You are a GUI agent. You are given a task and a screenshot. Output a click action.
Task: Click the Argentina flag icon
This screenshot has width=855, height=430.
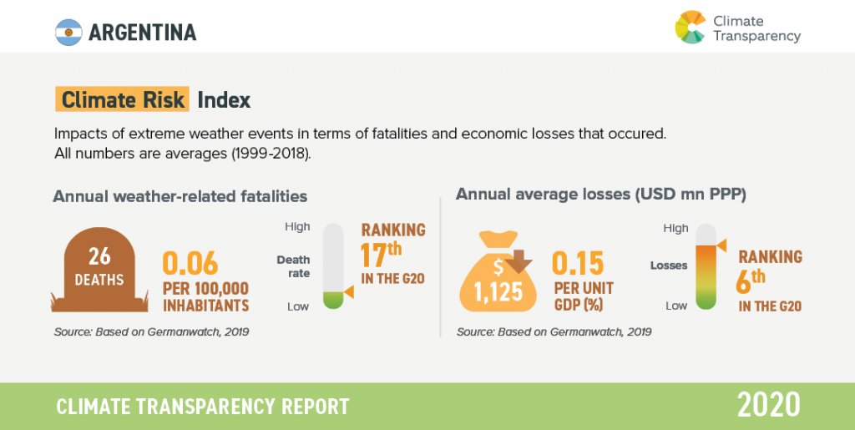(68, 33)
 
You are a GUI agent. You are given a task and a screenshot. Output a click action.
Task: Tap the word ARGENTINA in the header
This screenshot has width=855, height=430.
(143, 33)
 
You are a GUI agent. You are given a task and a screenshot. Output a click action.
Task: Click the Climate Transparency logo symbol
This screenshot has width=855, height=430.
(691, 26)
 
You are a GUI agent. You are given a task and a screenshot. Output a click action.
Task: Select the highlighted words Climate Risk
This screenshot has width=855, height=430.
(122, 100)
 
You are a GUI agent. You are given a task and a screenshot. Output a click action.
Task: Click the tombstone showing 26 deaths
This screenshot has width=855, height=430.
(99, 266)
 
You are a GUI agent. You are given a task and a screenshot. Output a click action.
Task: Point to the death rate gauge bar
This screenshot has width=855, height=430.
(334, 266)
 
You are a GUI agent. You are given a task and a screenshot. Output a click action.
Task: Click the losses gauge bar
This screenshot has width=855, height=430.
(706, 266)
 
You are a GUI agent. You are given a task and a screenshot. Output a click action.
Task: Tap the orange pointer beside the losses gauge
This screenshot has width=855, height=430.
(721, 245)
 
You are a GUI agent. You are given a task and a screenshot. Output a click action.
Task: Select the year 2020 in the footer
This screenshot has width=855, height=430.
(768, 405)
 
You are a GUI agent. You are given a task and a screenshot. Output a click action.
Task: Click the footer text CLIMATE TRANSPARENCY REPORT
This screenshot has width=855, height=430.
(203, 407)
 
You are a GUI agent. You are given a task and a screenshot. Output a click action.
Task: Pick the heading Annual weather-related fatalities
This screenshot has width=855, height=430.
(180, 196)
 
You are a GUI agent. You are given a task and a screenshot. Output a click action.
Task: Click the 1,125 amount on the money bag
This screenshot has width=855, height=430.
(500, 291)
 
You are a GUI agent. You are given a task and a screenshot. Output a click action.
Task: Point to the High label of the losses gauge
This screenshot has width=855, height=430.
(675, 228)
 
